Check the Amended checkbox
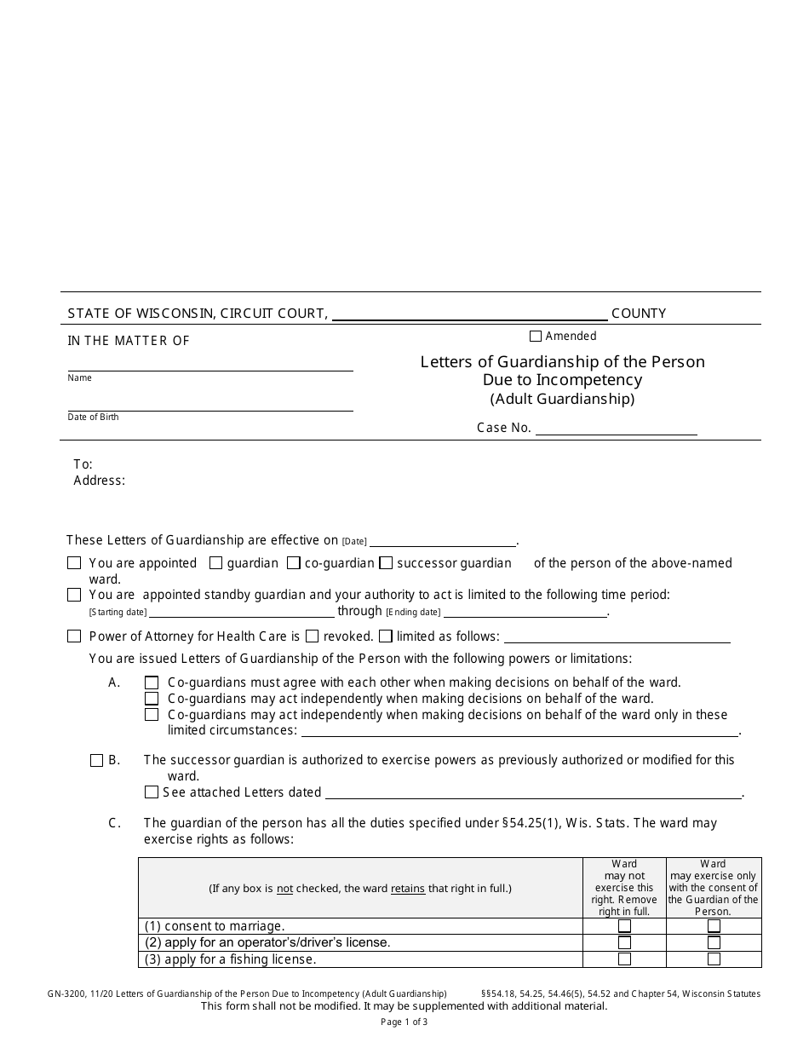click(536, 337)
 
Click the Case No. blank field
click(616, 429)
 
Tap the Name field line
click(210, 364)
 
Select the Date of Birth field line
click(210, 404)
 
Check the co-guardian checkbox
click(294, 563)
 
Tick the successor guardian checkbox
click(386, 563)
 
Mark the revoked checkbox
click(313, 636)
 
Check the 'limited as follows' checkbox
click(386, 636)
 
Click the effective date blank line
click(443, 540)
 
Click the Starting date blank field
click(242, 611)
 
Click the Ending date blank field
click(525, 611)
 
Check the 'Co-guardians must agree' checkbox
click(152, 682)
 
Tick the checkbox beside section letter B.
click(96, 760)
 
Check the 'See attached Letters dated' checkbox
click(152, 792)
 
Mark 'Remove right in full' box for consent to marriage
click(624, 926)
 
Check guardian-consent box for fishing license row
click(714, 959)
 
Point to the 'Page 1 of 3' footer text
click(404, 1022)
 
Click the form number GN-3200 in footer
click(66, 993)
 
